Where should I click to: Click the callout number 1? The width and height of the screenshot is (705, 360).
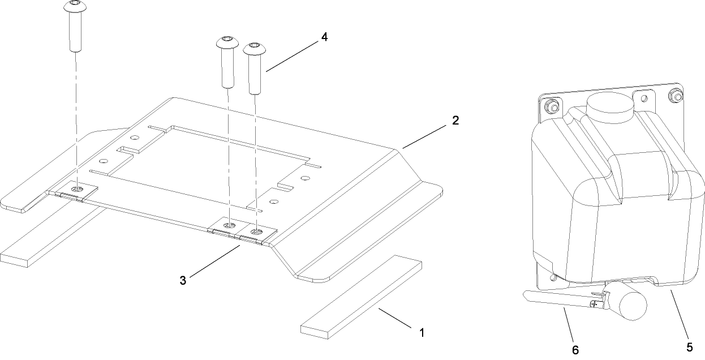tap(421, 332)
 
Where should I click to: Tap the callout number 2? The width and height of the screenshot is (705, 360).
tap(455, 121)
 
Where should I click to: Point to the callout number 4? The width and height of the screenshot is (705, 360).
tap(324, 37)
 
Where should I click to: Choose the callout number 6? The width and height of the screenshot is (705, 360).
tap(575, 350)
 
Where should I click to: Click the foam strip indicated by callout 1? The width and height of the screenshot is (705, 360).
tap(362, 297)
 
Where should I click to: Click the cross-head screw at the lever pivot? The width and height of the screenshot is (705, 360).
tap(593, 304)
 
